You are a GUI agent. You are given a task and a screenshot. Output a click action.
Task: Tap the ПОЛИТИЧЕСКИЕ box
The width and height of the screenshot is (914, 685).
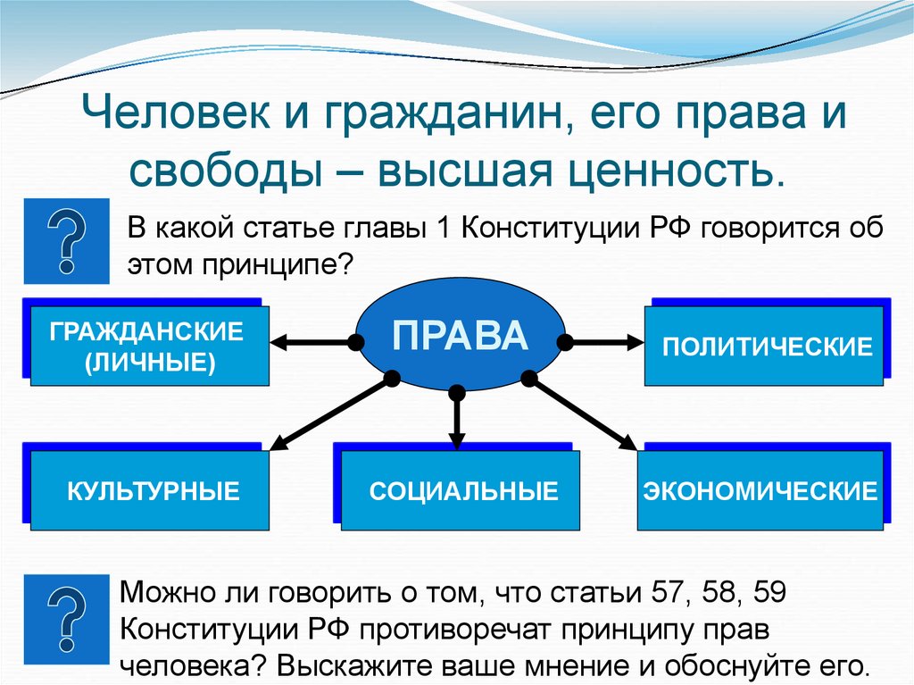(x=767, y=347)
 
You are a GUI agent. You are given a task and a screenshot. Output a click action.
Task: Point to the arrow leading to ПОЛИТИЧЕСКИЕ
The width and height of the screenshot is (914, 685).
(x=603, y=341)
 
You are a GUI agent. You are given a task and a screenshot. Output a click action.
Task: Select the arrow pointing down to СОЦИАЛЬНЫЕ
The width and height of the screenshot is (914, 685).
(x=457, y=420)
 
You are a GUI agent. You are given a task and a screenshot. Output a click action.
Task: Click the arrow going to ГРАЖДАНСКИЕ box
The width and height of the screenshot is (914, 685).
(x=312, y=341)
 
